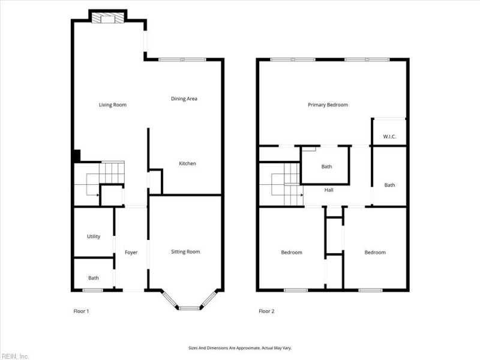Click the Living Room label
112,105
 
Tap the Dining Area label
184,99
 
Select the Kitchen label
187,164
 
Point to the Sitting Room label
185,252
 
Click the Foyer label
131,253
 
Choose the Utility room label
94,237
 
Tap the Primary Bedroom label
328,105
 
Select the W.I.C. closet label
389,137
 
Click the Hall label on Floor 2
329,190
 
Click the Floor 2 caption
266,311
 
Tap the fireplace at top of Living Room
108,18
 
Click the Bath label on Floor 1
94,278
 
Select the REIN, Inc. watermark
15,356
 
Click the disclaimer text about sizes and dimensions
240,348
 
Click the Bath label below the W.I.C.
389,185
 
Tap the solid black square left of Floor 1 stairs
77,155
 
